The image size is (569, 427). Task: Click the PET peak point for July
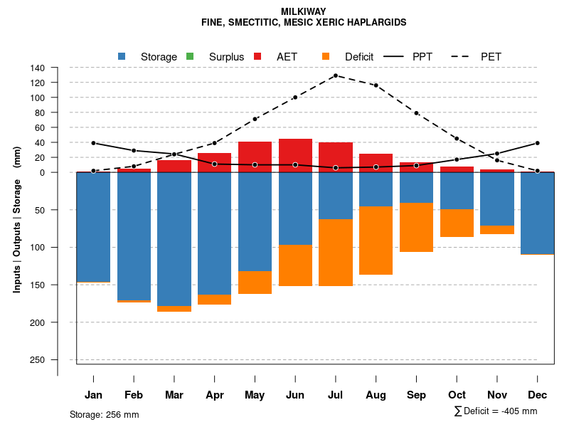(335, 75)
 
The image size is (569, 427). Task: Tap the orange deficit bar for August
(376, 241)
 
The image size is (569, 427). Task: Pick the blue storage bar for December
(537, 213)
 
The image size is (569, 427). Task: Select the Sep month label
(416, 395)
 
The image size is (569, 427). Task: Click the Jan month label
(93, 395)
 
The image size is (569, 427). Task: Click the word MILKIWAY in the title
(304, 11)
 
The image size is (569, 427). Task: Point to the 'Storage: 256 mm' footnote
(105, 414)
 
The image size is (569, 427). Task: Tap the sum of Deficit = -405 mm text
(496, 411)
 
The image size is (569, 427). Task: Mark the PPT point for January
(93, 143)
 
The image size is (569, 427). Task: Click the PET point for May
(255, 119)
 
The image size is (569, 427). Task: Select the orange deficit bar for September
(416, 228)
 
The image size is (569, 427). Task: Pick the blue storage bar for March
(174, 238)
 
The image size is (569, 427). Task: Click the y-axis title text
(17, 220)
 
